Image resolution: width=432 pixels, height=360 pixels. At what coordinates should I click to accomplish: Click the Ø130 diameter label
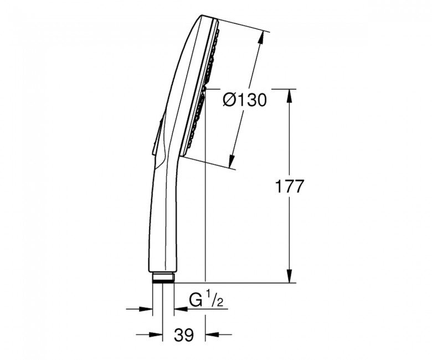click(245, 100)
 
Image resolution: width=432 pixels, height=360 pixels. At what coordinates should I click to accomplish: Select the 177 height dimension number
click(290, 187)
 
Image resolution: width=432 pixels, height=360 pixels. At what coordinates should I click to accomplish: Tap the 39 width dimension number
click(184, 335)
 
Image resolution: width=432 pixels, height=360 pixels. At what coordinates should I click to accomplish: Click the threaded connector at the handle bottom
click(163, 277)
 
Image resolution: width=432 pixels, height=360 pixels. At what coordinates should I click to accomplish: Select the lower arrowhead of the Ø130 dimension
click(232, 161)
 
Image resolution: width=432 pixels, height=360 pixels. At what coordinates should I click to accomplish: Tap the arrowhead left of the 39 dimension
click(156, 335)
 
